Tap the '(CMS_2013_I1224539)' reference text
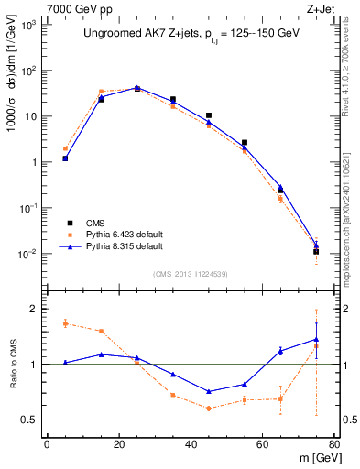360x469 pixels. pos(191,273)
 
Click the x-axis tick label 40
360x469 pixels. pos(191,445)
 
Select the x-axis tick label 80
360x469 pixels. pos(334,445)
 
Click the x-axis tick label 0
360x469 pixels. pos(47,445)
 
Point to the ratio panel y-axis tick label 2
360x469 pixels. pos(35,309)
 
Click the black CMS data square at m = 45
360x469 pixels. pos(209,116)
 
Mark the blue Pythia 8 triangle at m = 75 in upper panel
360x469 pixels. pos(316,245)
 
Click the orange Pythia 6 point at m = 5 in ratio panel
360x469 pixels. pos(65,323)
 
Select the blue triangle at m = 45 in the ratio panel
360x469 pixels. pos(209,391)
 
